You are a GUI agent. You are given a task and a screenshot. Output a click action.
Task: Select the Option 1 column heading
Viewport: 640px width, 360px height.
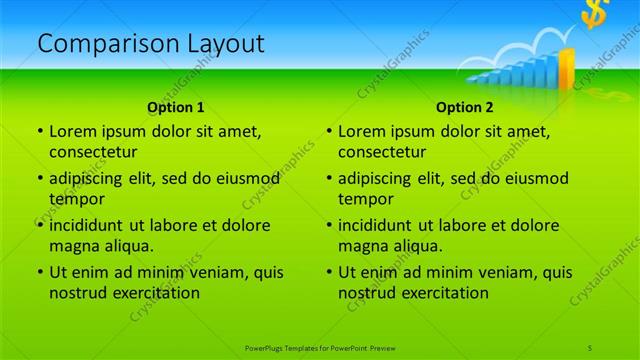click(176, 107)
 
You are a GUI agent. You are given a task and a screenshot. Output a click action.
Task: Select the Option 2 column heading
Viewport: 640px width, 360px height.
click(465, 107)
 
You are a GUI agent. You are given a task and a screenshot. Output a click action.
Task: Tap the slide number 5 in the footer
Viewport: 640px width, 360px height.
click(590, 346)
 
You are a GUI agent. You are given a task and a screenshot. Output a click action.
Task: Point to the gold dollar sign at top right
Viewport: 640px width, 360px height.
click(597, 15)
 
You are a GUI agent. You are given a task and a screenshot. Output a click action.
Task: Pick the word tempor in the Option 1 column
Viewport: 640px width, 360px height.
click(73, 199)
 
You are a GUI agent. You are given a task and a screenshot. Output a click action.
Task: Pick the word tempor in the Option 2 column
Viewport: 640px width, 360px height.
click(362, 199)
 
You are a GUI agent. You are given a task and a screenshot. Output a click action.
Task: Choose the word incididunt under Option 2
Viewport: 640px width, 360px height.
click(376, 225)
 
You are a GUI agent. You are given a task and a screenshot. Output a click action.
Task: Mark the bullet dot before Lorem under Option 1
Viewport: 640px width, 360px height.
click(40, 131)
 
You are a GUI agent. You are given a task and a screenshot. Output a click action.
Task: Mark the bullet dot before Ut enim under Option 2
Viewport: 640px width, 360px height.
click(329, 272)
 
